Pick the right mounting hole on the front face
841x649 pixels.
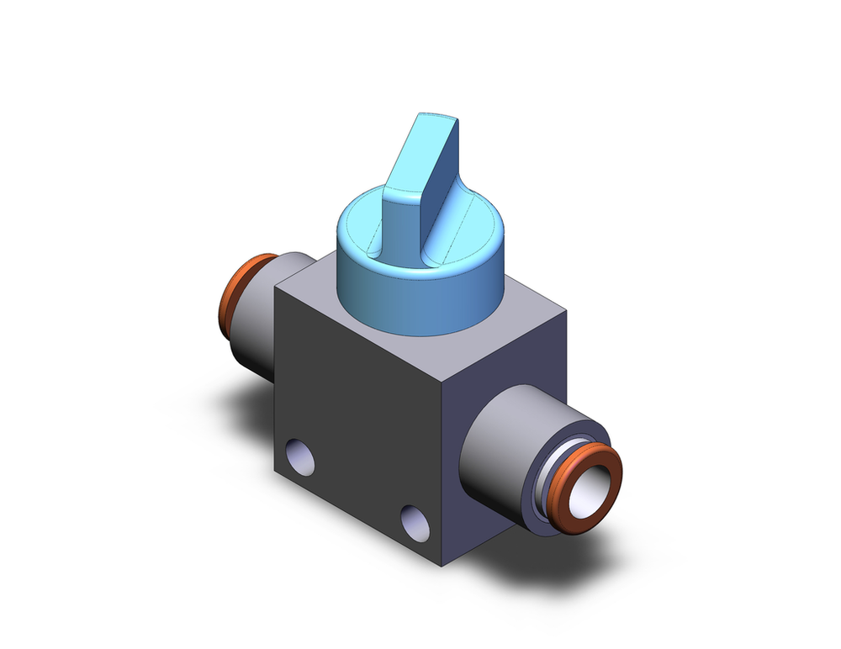click(415, 522)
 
